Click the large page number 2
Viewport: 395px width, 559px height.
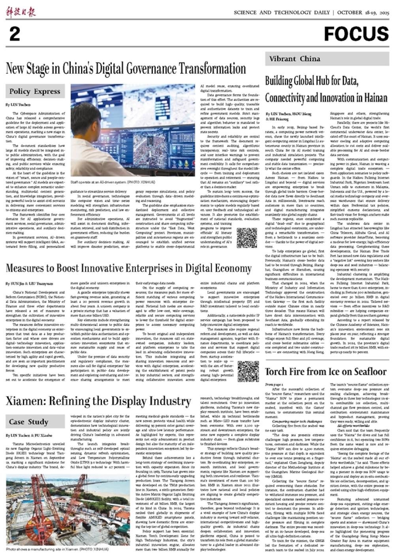(x=14, y=34)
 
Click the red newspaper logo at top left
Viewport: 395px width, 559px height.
(x=21, y=12)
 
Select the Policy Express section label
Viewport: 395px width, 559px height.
(x=36, y=92)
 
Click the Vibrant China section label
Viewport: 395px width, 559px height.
(x=295, y=59)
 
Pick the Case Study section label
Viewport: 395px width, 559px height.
(x=28, y=422)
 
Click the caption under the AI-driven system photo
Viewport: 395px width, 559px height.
(x=113, y=182)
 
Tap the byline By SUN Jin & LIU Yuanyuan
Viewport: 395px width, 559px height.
(x=29, y=283)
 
